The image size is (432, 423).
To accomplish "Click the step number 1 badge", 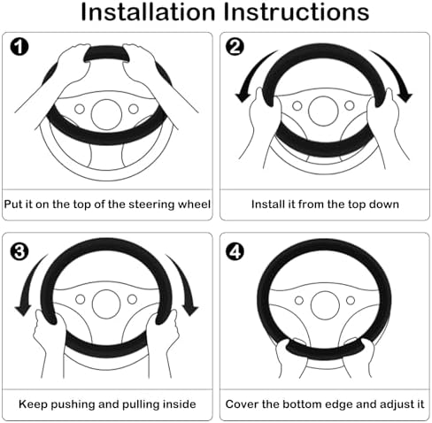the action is (x=19, y=47).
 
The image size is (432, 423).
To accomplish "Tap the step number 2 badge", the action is (x=235, y=47).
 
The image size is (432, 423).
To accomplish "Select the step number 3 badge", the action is (x=19, y=252).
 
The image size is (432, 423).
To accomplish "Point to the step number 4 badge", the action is (x=235, y=252).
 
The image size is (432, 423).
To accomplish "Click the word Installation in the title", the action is (x=148, y=12).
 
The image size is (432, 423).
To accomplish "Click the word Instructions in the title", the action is (x=296, y=12).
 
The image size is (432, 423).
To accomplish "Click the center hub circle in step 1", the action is (x=106, y=114).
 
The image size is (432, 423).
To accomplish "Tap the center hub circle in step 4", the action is (x=325, y=305).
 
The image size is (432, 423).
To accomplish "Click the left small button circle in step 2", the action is (x=297, y=105).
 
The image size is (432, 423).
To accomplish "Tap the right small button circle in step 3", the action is (x=132, y=299).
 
